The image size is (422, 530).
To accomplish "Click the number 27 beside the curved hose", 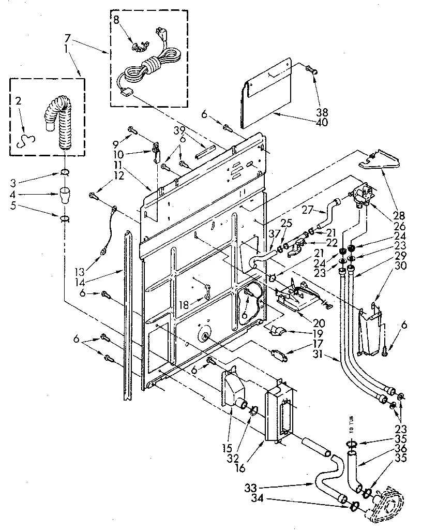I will click(309, 210).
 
